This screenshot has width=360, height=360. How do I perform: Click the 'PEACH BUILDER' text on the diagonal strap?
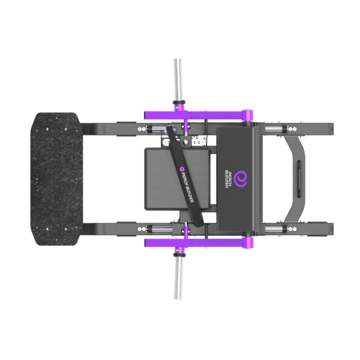pyautogui.click(x=189, y=189)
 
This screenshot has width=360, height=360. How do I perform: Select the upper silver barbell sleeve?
pyautogui.click(x=178, y=79)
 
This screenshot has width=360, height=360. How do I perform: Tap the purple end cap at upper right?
pyautogui.click(x=248, y=116)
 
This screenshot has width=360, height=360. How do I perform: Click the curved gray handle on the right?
pyautogui.click(x=298, y=178)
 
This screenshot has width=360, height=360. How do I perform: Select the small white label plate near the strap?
pyautogui.click(x=197, y=141)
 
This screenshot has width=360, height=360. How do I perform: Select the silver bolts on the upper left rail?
pyautogui.click(x=146, y=129)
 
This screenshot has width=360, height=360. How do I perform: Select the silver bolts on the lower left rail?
pyautogui.click(x=146, y=229)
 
